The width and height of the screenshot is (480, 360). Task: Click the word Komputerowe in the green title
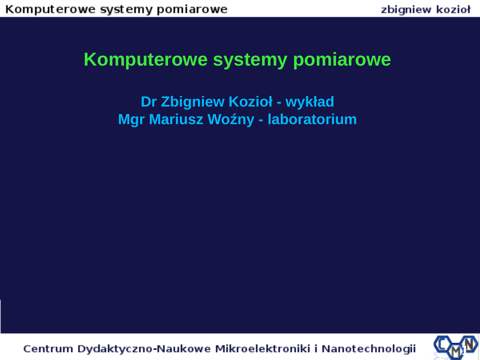tap(146, 60)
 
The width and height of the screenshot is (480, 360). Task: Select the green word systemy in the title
tap(250, 60)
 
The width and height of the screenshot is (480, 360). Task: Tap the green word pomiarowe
tap(342, 60)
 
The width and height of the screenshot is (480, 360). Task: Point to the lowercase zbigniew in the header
tap(406, 10)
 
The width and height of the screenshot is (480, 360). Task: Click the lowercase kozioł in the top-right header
tap(453, 9)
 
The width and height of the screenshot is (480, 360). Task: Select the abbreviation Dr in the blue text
tap(149, 102)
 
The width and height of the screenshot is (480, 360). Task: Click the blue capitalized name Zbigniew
tap(193, 102)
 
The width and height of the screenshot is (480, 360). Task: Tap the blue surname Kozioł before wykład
tap(250, 102)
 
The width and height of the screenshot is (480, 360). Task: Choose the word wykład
tap(309, 102)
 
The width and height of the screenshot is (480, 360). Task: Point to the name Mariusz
tap(176, 120)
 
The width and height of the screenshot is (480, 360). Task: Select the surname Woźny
tap(231, 120)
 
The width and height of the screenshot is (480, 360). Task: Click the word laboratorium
tap(312, 120)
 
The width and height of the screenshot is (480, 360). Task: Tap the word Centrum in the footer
tap(48, 349)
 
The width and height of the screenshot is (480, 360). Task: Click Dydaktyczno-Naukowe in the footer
tap(144, 349)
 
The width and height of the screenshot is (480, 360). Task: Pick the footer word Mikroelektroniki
tap(262, 349)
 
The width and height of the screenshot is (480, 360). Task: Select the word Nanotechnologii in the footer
tap(368, 349)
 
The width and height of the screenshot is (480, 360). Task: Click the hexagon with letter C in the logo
tap(442, 345)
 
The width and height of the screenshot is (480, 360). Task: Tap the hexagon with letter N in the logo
tap(469, 344)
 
